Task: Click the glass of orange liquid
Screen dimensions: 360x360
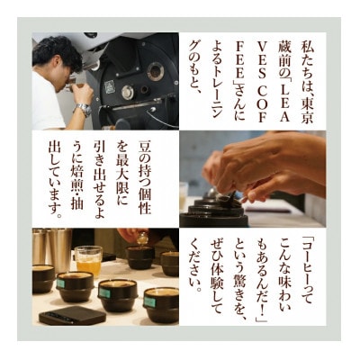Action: point(88,260)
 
